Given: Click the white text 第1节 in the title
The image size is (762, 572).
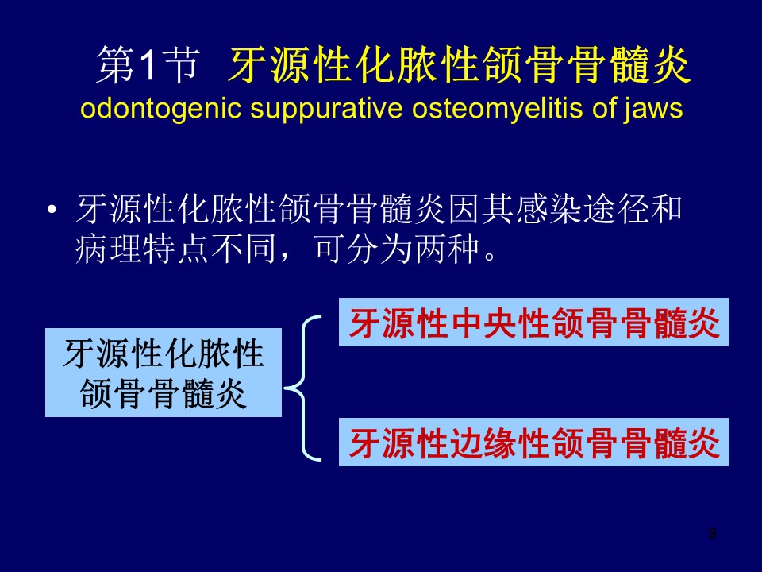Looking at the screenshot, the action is (148, 65).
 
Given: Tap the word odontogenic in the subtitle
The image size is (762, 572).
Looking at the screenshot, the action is (161, 109).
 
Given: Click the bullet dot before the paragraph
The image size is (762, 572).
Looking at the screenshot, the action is (52, 211).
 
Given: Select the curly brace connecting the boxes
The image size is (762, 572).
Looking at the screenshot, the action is (302, 388).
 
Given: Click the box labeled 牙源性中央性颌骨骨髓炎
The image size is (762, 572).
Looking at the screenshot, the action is (533, 322).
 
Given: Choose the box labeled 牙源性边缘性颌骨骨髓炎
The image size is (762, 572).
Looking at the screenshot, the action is (533, 442).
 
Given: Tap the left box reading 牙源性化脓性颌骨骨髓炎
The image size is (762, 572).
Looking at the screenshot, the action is (164, 373).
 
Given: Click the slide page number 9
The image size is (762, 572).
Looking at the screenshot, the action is (712, 533).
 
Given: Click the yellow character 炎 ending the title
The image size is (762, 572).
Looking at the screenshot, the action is (672, 65).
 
